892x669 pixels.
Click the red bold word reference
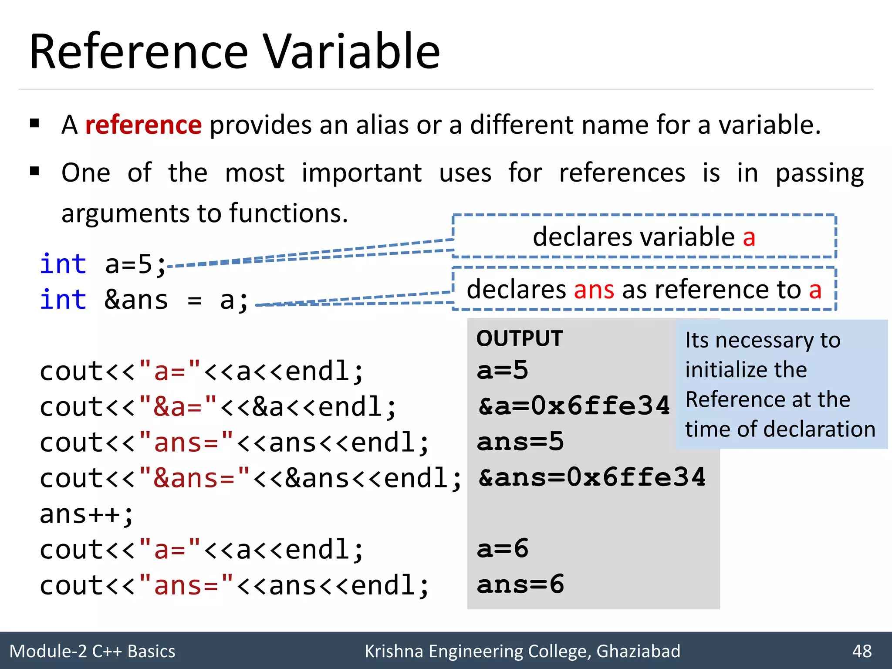pos(143,125)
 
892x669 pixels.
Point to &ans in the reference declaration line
pos(136,300)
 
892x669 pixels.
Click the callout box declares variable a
pos(644,237)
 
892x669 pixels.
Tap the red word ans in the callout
pos(594,289)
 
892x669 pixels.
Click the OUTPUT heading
pos(519,338)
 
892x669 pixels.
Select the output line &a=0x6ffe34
pos(574,406)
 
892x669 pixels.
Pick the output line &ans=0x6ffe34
pos(591,477)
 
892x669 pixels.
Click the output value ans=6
pos(520,585)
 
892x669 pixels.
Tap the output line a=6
pos(502,549)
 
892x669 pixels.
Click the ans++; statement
pos(86,514)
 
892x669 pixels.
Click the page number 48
pos(862,651)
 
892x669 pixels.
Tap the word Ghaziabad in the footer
pos(638,651)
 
